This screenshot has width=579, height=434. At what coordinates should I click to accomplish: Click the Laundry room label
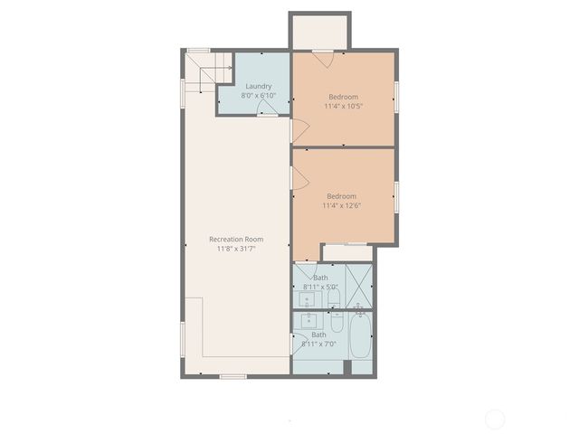(258, 86)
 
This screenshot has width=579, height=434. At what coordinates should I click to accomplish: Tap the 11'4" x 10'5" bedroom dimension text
(343, 106)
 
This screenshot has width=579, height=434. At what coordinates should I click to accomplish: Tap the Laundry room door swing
(267, 108)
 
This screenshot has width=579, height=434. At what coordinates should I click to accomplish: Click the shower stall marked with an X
(359, 287)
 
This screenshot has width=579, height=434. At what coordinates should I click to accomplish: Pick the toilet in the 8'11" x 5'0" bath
(334, 297)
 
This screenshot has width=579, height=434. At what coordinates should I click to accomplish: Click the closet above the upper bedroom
(318, 33)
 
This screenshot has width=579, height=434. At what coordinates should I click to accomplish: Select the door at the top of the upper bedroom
(323, 56)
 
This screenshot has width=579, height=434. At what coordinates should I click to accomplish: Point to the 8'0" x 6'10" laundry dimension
(258, 96)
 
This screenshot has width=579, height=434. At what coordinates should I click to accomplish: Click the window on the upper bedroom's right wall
(396, 97)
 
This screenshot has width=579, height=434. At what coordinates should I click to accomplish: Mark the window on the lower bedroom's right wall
(396, 196)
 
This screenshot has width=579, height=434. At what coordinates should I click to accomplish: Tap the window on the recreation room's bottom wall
(233, 375)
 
